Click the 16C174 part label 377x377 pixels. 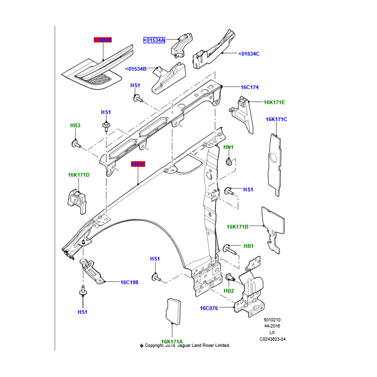pos(250,87)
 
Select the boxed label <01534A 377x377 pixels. pos(154,41)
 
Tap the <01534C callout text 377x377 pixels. pos(249,54)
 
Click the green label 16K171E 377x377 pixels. pos(274,102)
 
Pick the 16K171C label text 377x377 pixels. pos(276,119)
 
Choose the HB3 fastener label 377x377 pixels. pos(75,125)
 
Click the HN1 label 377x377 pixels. pos(228,148)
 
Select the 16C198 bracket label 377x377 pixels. pos(129,282)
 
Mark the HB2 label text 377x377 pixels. pos(229,291)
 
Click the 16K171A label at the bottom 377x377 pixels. pos(172,342)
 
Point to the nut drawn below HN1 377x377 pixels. pos(229,162)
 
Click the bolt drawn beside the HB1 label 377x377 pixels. pos(229,248)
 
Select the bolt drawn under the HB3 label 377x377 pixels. pos(75,143)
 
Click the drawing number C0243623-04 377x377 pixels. pos(272,339)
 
